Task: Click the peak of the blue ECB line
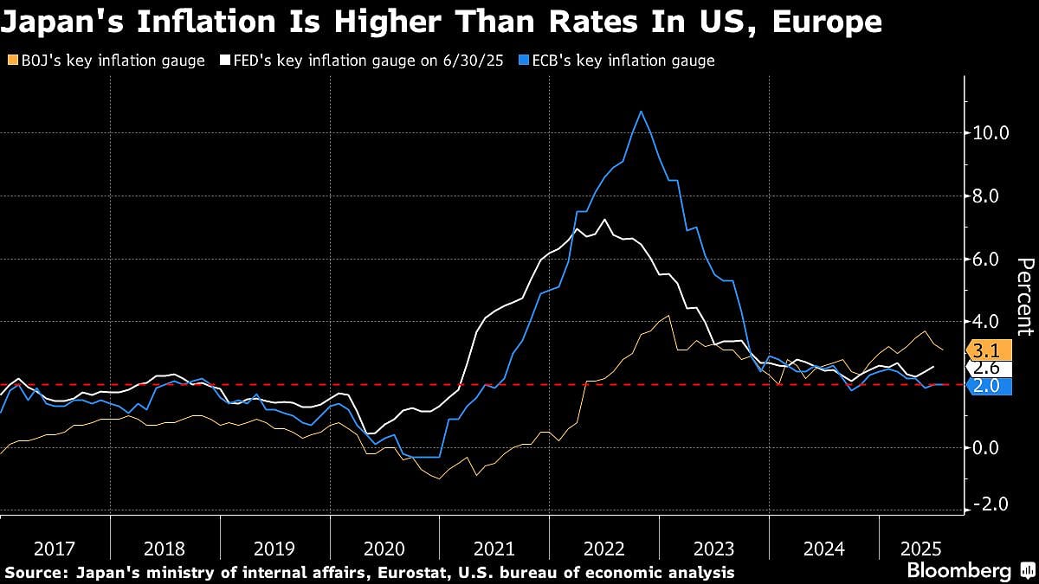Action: [x=641, y=112]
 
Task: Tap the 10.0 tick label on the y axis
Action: [x=991, y=133]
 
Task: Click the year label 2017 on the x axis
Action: [x=55, y=548]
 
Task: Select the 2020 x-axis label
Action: [x=384, y=548]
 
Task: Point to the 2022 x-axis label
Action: [x=603, y=548]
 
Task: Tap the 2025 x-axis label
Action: [x=920, y=548]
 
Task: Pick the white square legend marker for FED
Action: [x=225, y=61]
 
